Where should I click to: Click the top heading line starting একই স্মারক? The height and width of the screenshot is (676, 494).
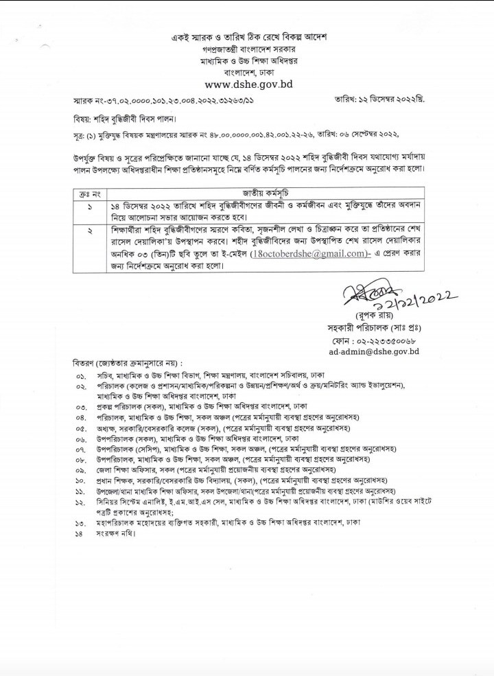point(249,36)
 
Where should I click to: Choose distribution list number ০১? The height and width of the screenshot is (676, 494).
point(80,377)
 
